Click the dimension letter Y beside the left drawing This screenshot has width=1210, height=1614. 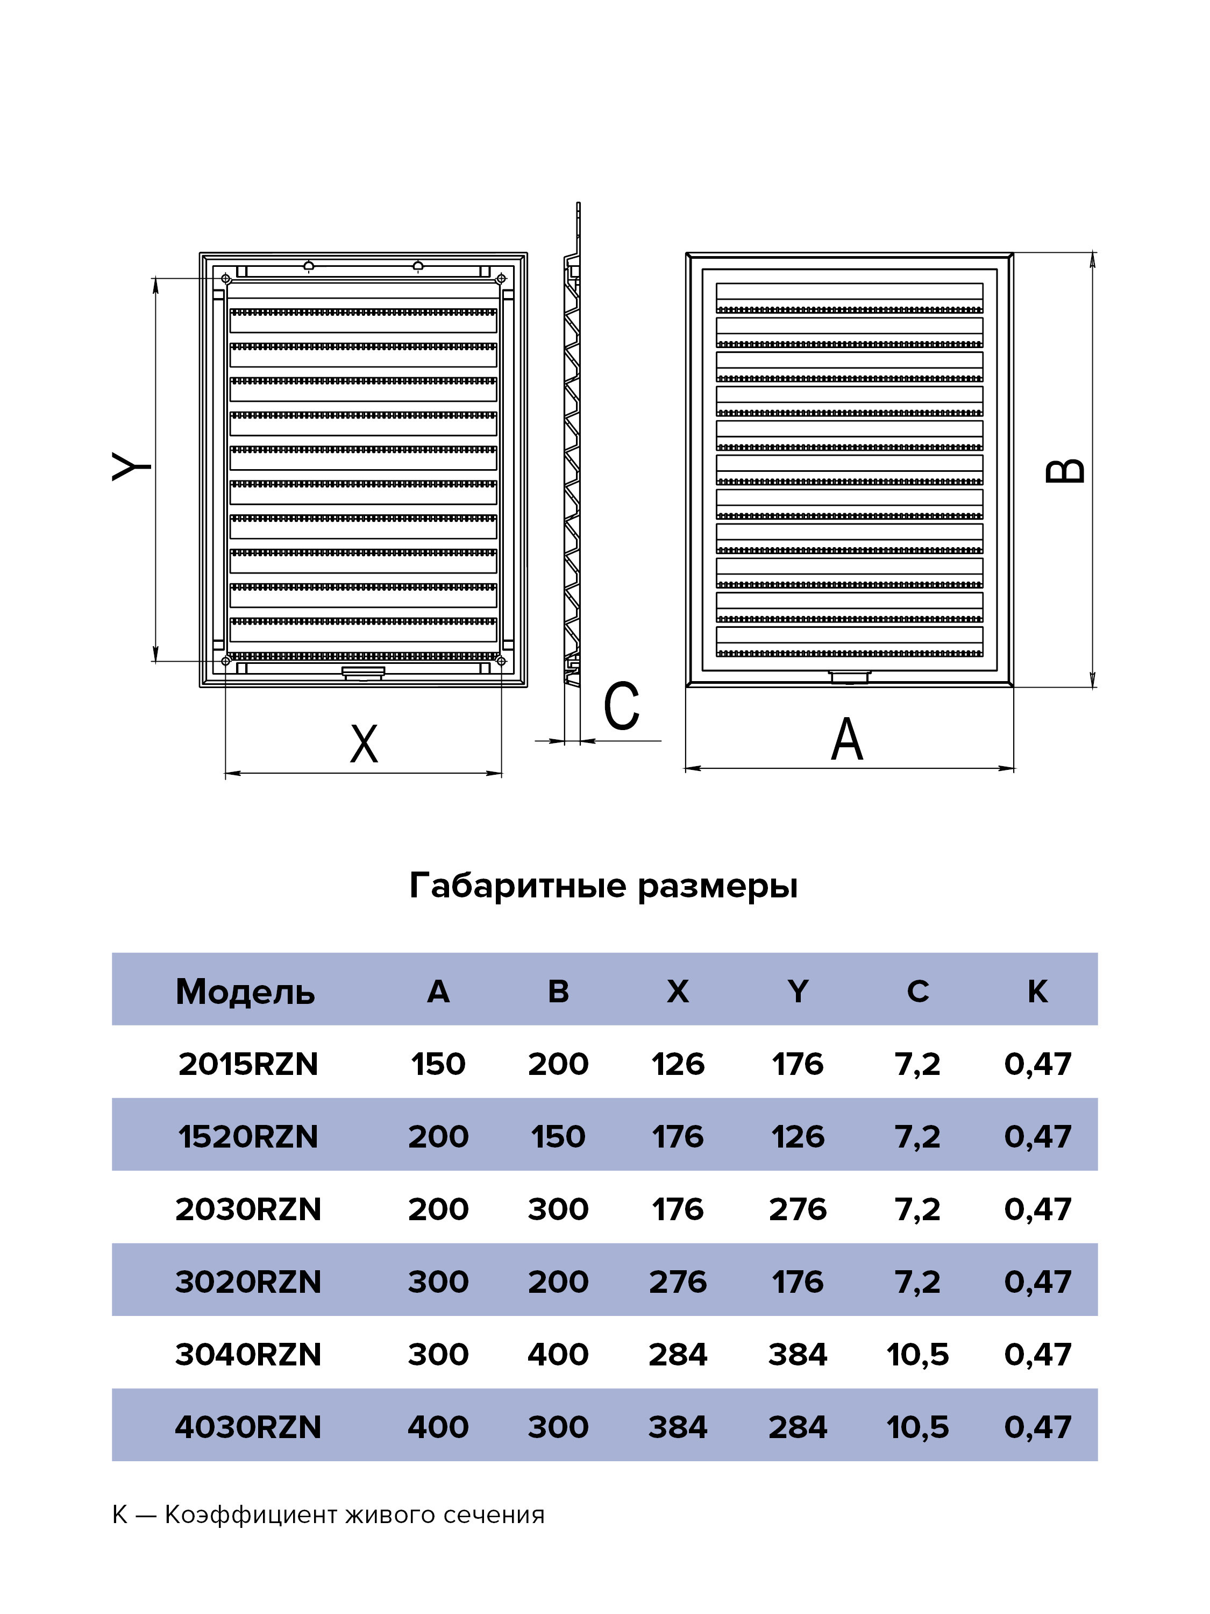131,466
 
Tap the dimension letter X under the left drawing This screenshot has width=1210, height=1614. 364,744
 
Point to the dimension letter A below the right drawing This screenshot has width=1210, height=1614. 847,739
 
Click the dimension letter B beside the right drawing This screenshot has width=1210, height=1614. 1065,471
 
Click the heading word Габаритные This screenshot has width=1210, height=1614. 518,887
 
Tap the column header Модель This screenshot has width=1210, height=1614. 245,992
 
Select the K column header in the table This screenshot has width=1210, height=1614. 1037,992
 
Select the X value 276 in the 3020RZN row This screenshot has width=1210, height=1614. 678,1282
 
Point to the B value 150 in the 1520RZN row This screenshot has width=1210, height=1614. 558,1137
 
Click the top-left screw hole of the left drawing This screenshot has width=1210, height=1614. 226,279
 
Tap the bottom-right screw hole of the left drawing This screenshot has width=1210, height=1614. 500,661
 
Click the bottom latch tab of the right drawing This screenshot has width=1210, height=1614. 850,677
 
